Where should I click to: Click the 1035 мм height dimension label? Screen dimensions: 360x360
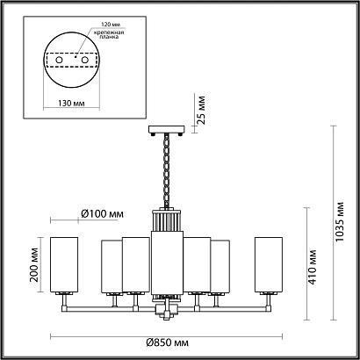pyautogui.click(x=340, y=221)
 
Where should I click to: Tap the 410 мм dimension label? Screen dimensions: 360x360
pyautogui.click(x=313, y=267)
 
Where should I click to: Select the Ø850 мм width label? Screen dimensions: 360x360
pyautogui.click(x=168, y=342)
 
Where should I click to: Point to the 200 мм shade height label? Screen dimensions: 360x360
pyautogui.click(x=34, y=264)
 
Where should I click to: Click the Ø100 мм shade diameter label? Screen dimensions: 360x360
pyautogui.click(x=102, y=214)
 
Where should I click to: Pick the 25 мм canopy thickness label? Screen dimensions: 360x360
pyautogui.click(x=201, y=109)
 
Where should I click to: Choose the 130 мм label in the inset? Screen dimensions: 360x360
pyautogui.click(x=71, y=104)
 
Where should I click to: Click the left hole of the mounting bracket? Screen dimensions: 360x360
pyautogui.click(x=59, y=60)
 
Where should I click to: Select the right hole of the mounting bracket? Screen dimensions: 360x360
pyautogui.click(x=85, y=60)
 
